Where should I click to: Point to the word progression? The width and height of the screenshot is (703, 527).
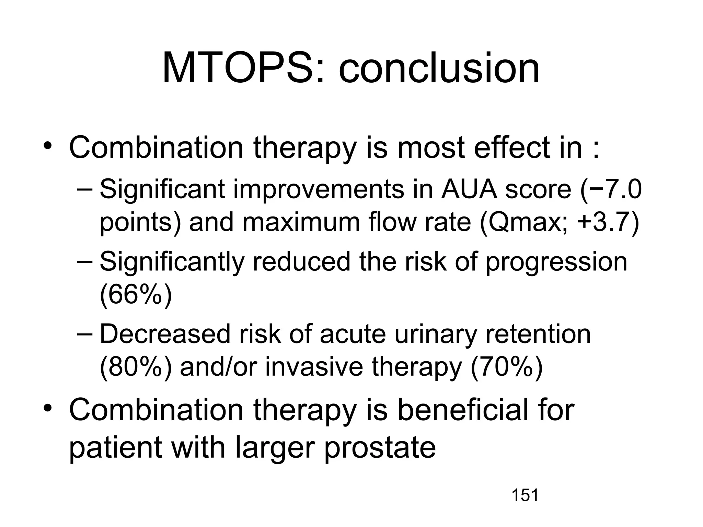pos(556,262)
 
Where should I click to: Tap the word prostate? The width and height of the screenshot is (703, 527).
pos(380,448)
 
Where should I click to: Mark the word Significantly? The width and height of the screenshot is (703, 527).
pos(172,262)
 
